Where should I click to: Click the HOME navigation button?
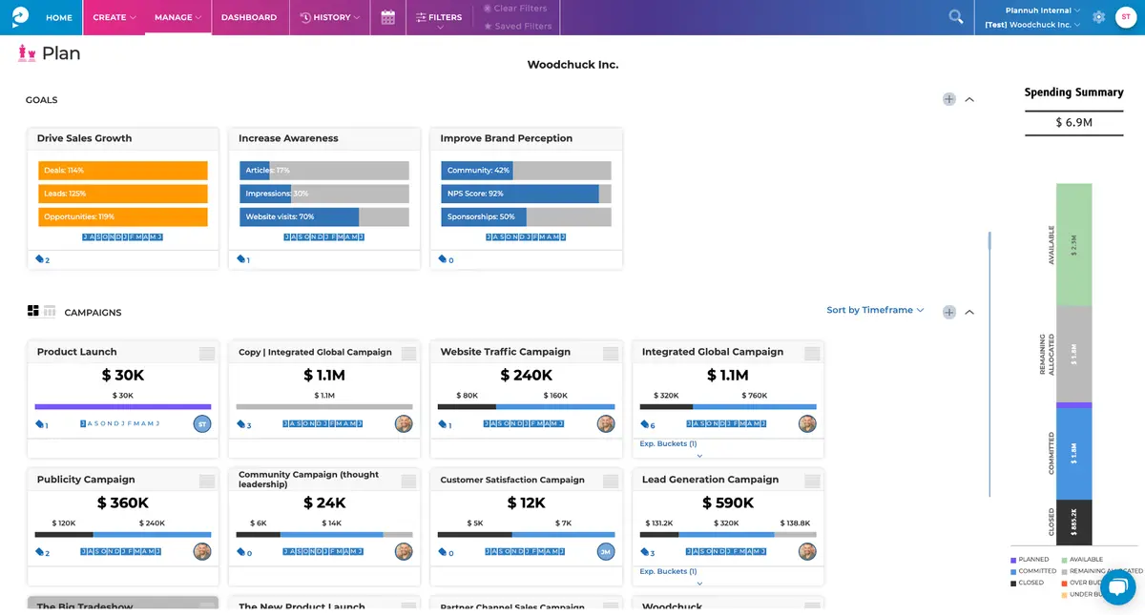[x=58, y=17]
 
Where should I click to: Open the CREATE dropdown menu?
[x=114, y=17]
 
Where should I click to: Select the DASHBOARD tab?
[x=248, y=17]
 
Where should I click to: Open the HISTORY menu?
[x=330, y=17]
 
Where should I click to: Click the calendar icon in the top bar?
[x=387, y=17]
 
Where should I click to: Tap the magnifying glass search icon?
[x=955, y=17]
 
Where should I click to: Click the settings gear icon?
[x=1098, y=17]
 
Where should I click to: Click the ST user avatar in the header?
[x=1125, y=17]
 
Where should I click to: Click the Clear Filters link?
[x=519, y=9]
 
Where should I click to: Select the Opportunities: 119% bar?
[x=122, y=216]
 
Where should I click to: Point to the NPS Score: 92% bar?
[x=519, y=194]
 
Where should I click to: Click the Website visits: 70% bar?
[x=299, y=216]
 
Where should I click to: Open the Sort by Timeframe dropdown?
[x=875, y=310]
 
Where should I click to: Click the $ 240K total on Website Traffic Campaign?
[x=526, y=376]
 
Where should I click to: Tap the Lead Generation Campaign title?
[x=710, y=480]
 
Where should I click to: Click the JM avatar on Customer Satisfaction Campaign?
[x=605, y=551]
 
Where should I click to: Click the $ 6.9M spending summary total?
[x=1073, y=122]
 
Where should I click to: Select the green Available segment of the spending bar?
[x=1073, y=244]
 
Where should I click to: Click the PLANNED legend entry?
[x=1030, y=560]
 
